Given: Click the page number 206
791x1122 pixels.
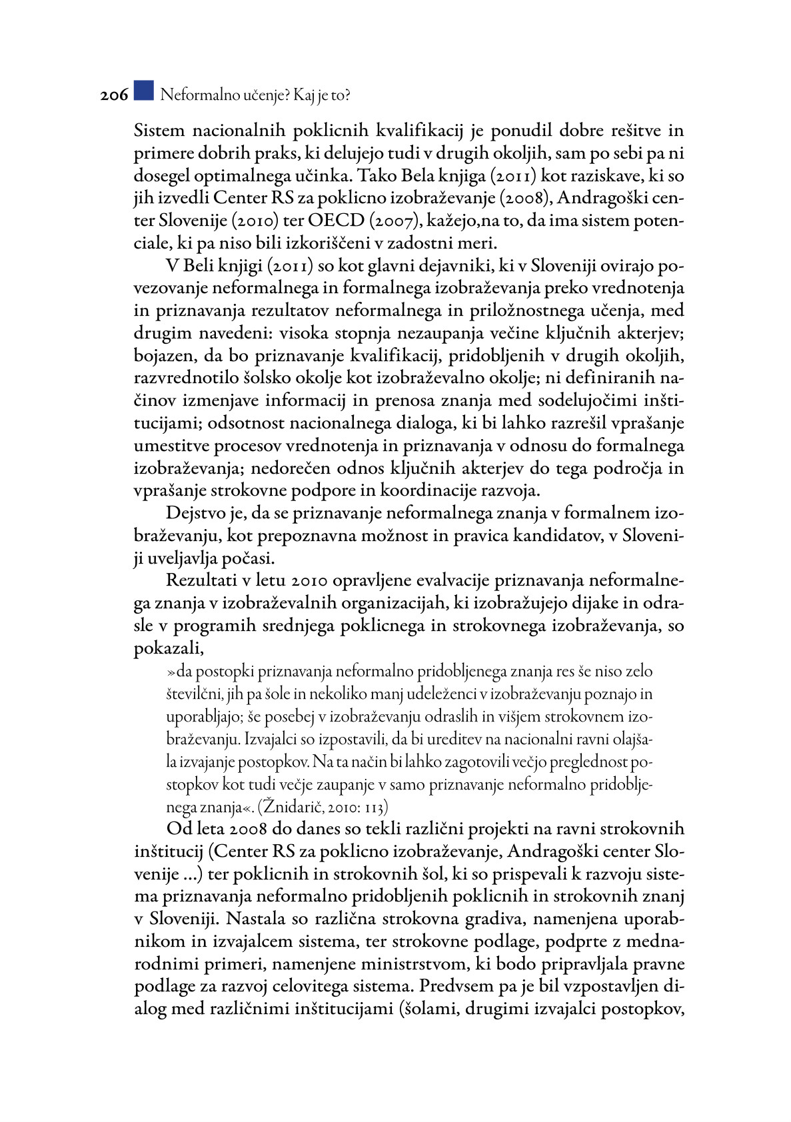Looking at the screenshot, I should [114, 95].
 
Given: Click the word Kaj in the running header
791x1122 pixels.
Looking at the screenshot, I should [304, 95].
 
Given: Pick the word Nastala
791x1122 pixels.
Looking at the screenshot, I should [257, 919].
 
